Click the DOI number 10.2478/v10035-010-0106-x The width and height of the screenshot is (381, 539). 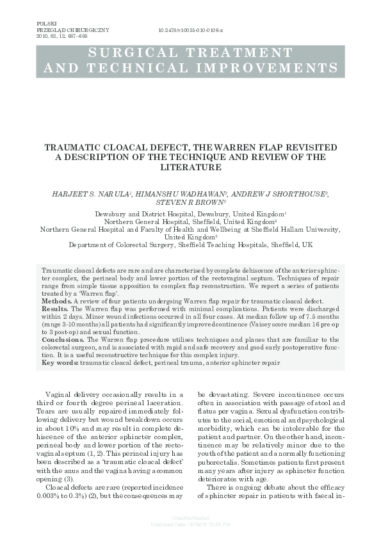[x=190, y=30]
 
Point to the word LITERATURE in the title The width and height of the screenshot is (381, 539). [x=190, y=166]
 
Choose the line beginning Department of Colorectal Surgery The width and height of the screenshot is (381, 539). [x=190, y=244]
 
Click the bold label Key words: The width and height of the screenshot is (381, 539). [x=60, y=363]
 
